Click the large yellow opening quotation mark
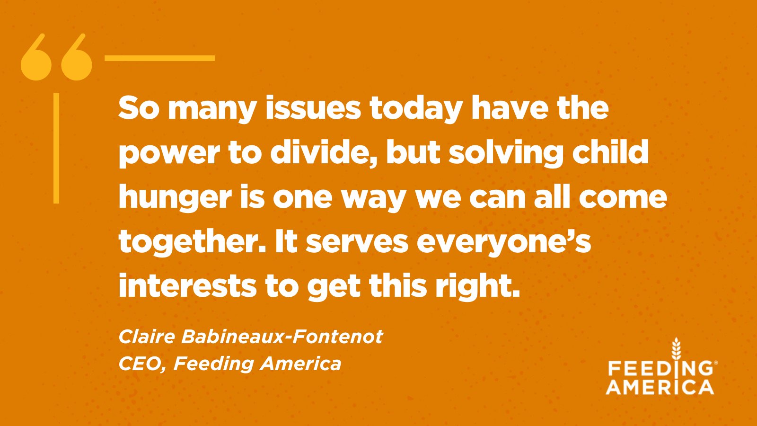click(57, 58)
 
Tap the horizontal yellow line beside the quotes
click(159, 58)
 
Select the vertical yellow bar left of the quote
click(56, 148)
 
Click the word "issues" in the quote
click(313, 108)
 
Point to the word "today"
click(415, 109)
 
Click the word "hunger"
click(175, 198)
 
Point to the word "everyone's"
click(504, 242)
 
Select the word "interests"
click(187, 286)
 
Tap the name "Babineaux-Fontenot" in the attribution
click(282, 337)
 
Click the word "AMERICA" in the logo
click(660, 387)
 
